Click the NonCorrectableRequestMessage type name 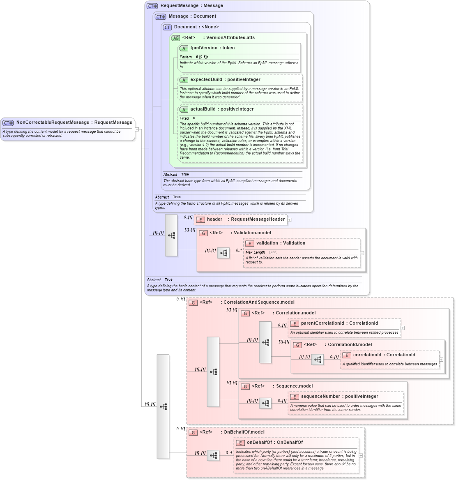[53, 122]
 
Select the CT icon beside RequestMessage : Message [152, 6]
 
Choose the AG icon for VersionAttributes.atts [175, 38]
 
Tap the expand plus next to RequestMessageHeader [290, 220]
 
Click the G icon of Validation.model [203, 233]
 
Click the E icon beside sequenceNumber [294, 397]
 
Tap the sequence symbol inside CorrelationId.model [318, 360]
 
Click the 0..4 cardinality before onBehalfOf [229, 453]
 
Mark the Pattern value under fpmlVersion [202, 57]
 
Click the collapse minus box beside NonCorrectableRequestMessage [137, 129]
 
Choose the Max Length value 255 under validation [273, 252]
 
